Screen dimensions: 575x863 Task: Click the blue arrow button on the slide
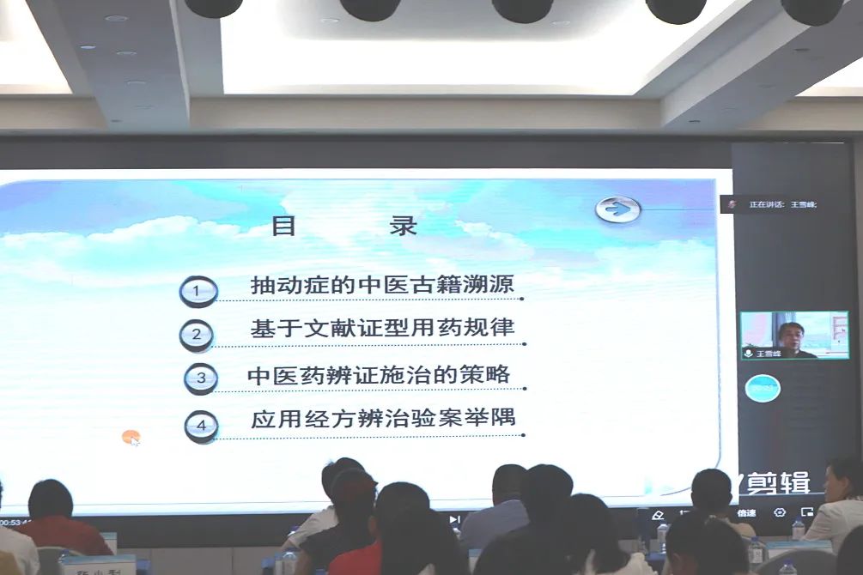point(618,209)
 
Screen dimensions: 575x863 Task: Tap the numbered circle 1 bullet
point(198,291)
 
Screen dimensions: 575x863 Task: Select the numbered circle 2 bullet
point(197,335)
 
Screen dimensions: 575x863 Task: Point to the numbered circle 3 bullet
point(201,378)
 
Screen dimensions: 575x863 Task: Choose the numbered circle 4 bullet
point(201,425)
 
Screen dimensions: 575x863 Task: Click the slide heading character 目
point(284,226)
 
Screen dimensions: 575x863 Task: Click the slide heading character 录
point(403,226)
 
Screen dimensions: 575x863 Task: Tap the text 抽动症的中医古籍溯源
point(382,284)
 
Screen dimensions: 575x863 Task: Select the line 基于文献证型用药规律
point(382,330)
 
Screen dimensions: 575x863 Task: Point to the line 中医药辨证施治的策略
point(379,375)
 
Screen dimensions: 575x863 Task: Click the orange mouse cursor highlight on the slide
point(131,438)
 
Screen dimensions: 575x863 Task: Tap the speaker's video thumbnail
point(794,335)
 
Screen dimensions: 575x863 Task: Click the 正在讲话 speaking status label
point(782,204)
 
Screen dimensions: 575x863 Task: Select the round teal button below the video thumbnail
point(762,389)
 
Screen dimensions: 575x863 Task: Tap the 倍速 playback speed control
point(746,513)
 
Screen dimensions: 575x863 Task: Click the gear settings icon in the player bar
point(780,512)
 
